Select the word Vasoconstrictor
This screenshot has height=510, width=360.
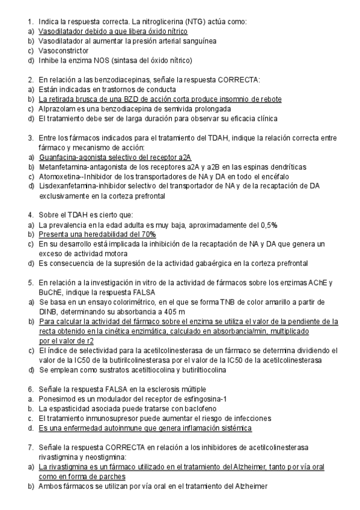pyautogui.click(x=63, y=51)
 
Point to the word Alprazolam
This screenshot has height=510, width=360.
pyautogui.click(x=57, y=109)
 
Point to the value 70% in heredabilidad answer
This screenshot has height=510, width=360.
pyautogui.click(x=148, y=234)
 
